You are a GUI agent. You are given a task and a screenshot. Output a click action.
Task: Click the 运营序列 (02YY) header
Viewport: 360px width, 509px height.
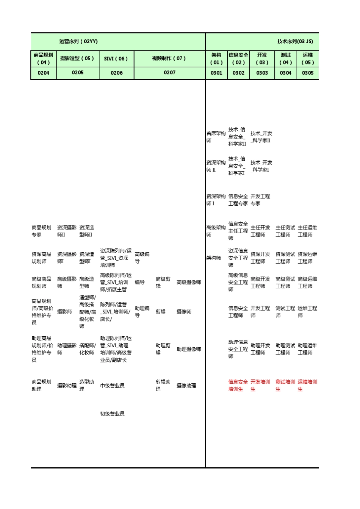pos(78,41)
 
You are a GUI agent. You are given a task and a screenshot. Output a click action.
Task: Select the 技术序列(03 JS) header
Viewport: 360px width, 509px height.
pos(295,41)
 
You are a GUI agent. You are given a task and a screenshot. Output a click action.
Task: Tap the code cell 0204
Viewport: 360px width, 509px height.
pos(44,73)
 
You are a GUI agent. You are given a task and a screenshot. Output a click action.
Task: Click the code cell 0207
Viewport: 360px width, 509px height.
pos(169,72)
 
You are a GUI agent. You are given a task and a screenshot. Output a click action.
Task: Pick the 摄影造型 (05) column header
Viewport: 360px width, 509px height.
pos(77,58)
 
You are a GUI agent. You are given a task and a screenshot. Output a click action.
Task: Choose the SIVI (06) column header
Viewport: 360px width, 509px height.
pos(116,59)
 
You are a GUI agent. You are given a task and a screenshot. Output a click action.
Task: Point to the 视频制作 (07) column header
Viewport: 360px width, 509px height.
pos(169,58)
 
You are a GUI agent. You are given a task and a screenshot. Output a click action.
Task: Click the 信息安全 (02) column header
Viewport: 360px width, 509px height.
pos(238,59)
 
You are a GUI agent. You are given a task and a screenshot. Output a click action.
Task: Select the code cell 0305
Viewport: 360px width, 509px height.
pos(308,73)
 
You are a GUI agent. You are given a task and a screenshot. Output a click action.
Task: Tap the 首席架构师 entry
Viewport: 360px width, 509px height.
pos(216,137)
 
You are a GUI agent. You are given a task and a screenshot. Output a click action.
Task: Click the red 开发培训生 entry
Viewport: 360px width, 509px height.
pos(260,386)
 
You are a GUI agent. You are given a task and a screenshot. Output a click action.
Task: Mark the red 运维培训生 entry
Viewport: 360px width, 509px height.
pos(307,386)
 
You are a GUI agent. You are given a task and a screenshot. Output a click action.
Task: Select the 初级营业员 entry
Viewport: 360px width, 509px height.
pos(112,414)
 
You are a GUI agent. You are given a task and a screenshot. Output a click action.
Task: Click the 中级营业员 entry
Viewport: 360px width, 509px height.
pos(112,386)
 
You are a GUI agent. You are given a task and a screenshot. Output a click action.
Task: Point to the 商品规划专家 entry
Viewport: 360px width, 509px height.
pos(41,231)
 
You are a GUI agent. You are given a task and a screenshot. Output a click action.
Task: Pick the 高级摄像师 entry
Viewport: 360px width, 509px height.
pos(189,282)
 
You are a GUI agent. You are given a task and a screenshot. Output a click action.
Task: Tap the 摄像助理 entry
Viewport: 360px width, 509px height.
pos(186,386)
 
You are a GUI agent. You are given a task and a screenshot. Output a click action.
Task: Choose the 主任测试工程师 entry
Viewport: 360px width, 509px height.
pos(285,231)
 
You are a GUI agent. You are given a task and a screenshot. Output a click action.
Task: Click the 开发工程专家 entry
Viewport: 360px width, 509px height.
pos(260,200)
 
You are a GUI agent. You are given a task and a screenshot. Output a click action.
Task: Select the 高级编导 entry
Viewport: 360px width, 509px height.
pos(142,258)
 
